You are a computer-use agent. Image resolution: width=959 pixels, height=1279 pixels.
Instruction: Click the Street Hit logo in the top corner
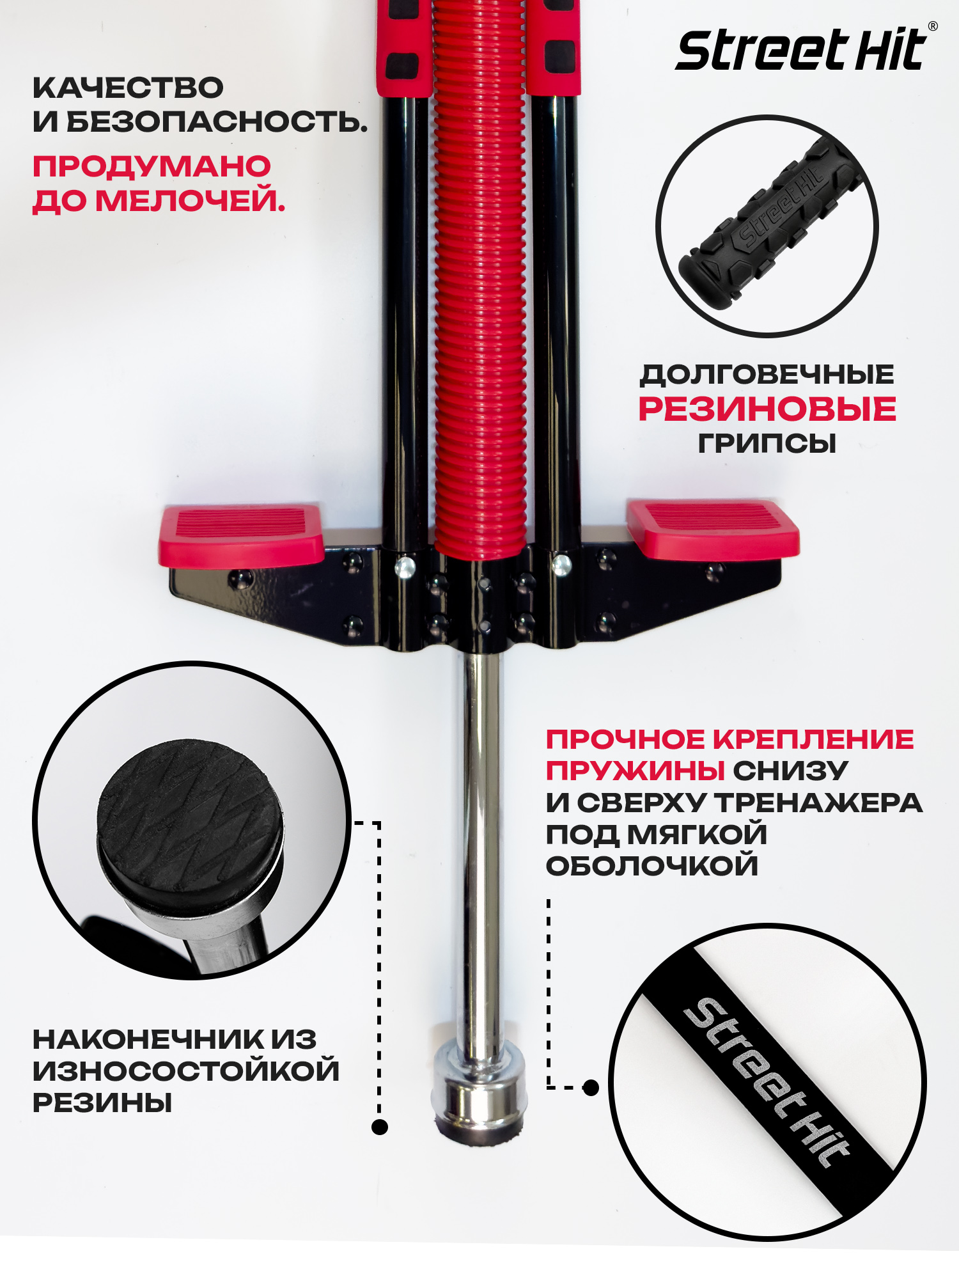tap(800, 50)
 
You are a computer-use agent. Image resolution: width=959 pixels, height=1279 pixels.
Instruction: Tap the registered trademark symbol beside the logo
tap(933, 26)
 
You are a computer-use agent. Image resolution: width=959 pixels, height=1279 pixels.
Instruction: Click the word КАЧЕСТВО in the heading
tap(128, 88)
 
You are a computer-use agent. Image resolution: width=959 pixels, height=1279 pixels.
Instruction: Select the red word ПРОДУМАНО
tap(152, 167)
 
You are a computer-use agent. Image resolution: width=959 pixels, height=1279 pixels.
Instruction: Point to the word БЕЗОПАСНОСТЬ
tap(217, 122)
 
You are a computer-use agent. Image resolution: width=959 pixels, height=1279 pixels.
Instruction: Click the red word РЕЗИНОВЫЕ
tap(767, 409)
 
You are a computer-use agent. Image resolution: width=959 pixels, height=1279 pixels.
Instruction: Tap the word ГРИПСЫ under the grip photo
tap(767, 443)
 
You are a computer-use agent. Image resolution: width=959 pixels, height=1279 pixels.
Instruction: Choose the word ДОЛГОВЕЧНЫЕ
tap(767, 375)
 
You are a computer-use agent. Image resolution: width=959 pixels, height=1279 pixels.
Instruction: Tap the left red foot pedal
tap(242, 535)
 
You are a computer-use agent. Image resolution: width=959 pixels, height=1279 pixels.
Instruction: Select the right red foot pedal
tap(713, 529)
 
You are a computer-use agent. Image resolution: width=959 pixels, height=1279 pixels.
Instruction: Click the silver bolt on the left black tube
tap(405, 567)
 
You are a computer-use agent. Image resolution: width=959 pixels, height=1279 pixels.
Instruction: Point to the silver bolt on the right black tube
tap(561, 565)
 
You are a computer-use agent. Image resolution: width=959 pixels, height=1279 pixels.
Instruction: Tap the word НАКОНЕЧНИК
tap(148, 1039)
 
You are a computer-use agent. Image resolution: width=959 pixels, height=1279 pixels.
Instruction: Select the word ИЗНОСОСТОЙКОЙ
tap(186, 1071)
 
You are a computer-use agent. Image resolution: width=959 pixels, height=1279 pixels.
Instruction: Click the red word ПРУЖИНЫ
tap(635, 771)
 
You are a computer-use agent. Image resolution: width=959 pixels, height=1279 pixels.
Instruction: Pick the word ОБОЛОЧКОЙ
tap(652, 866)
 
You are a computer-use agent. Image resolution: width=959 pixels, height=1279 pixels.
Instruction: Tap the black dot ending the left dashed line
tap(380, 1127)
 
